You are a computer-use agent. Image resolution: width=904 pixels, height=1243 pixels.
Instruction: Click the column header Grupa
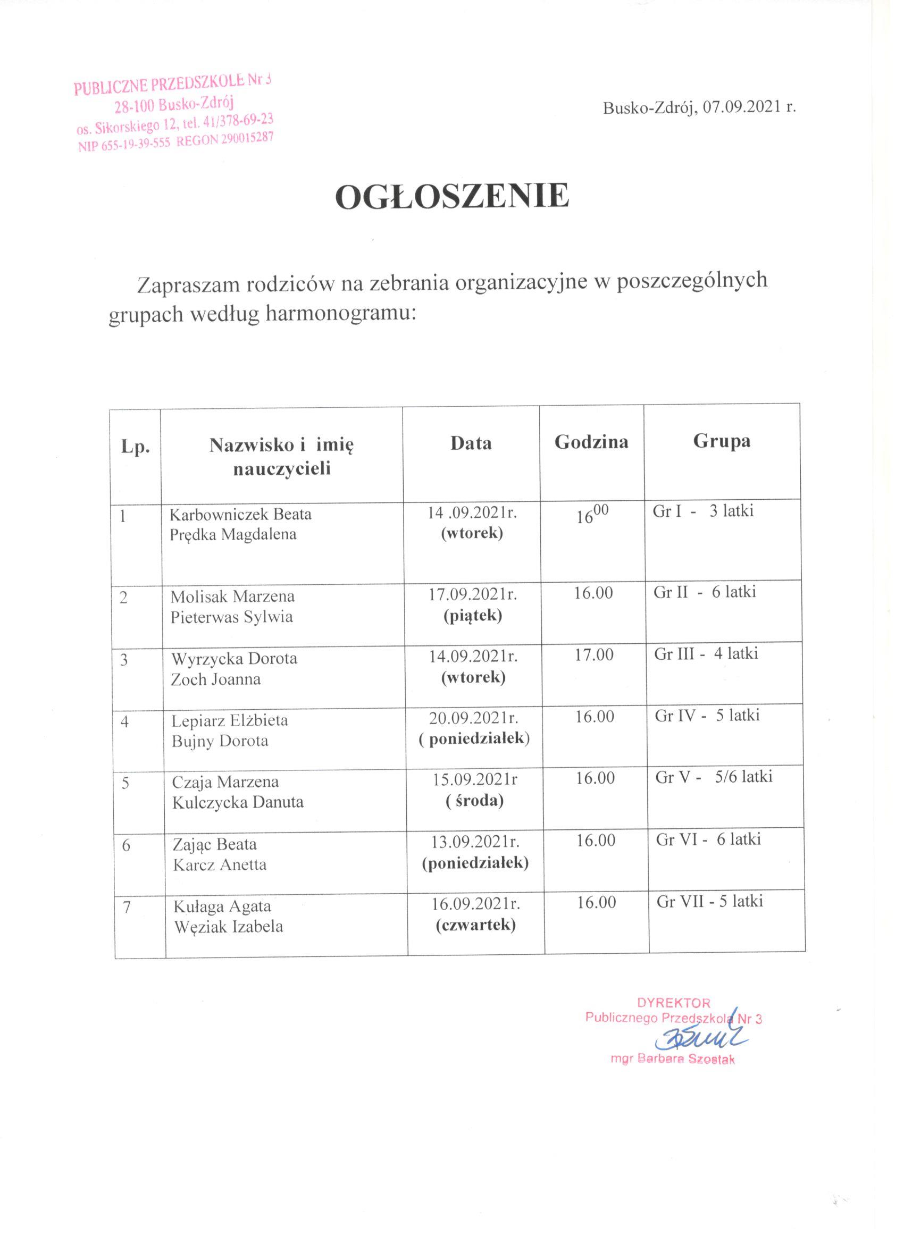coord(722,441)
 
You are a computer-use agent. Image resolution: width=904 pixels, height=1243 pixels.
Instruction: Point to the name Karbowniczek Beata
coord(241,515)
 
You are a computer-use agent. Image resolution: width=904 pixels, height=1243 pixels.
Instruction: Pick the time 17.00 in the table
coord(593,654)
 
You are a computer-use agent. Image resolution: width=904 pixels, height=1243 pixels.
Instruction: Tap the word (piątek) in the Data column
coord(473,616)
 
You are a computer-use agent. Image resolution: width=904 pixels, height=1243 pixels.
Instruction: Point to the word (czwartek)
coord(475,926)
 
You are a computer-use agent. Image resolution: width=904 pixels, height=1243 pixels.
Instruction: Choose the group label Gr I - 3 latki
coord(704,511)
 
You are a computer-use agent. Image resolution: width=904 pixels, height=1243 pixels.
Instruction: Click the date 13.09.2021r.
coord(475,841)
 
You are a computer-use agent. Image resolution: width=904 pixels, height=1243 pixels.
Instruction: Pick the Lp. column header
coord(136,448)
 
